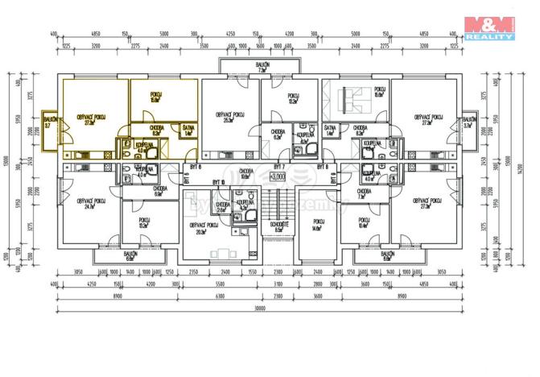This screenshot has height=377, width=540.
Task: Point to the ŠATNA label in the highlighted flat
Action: click(x=188, y=130)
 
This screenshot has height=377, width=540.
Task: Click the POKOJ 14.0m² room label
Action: click(x=315, y=226)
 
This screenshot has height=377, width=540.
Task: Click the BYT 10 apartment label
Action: click(x=218, y=183)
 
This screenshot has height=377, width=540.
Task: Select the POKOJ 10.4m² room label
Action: click(x=363, y=222)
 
